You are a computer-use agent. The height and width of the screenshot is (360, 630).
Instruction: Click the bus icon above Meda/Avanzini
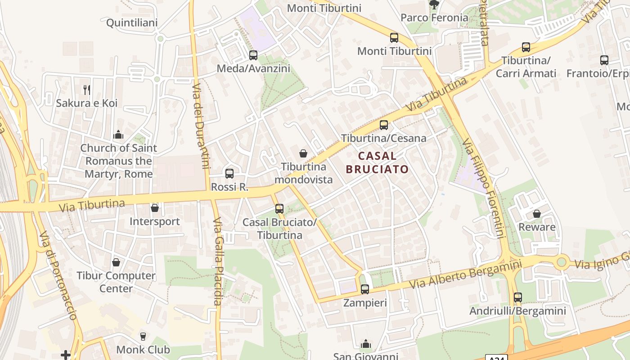pyautogui.click(x=253, y=55)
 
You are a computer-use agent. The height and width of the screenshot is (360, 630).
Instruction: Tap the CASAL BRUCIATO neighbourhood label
pyautogui.click(x=377, y=162)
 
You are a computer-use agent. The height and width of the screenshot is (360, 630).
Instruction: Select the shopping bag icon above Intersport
pyautogui.click(x=155, y=208)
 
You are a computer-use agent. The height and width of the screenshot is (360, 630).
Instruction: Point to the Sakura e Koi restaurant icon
pyautogui.click(x=87, y=90)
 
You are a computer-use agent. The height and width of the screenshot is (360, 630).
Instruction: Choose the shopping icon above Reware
pyautogui.click(x=536, y=214)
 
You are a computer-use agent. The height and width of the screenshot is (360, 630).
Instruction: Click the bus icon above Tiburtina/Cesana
pyautogui.click(x=384, y=125)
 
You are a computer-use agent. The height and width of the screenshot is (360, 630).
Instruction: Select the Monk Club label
pyautogui.click(x=143, y=350)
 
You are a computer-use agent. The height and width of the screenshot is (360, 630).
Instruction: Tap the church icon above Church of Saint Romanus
pyautogui.click(x=118, y=135)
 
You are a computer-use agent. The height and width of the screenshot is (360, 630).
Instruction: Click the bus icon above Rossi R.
pyautogui.click(x=229, y=174)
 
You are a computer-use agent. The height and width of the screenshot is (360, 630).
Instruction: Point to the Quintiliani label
pyautogui.click(x=132, y=22)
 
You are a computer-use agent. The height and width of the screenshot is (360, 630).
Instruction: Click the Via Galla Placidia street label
pyautogui.click(x=218, y=261)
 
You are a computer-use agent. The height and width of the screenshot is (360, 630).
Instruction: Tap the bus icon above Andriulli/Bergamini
pyautogui.click(x=518, y=297)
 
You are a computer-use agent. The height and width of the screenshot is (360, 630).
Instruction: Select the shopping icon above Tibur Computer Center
pyautogui.click(x=116, y=262)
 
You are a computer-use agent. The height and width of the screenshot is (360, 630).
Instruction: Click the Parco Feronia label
pyautogui.click(x=434, y=18)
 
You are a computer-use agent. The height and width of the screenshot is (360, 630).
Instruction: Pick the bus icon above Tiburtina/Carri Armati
pyautogui.click(x=526, y=47)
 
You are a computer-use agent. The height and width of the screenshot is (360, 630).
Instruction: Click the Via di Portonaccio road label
pyautogui.click(x=58, y=275)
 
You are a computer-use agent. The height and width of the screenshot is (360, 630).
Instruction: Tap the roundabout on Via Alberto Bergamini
pyautogui.click(x=561, y=262)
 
